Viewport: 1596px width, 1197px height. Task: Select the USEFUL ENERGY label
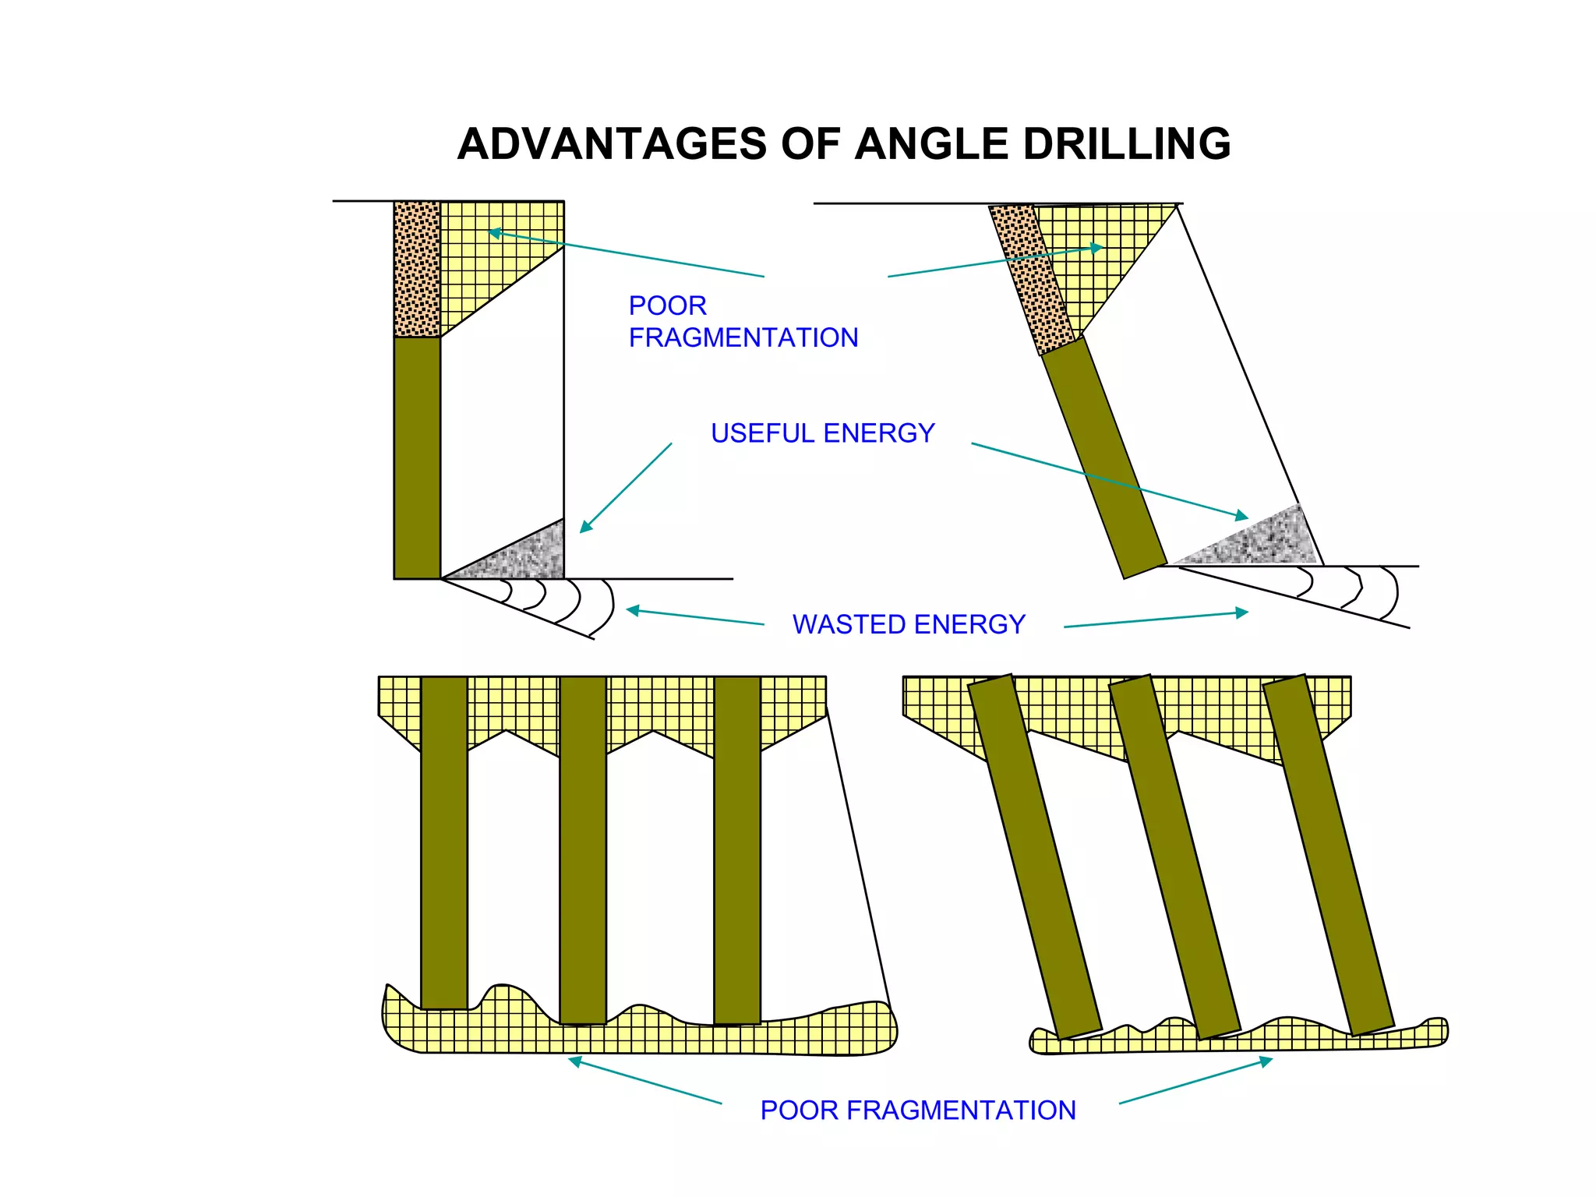coord(822,433)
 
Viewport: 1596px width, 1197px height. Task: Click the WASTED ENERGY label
coord(909,624)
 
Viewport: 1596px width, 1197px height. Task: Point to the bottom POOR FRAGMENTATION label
coord(918,1110)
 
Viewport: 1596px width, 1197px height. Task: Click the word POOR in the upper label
coord(667,305)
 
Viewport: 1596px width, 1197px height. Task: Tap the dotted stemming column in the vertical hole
coord(417,269)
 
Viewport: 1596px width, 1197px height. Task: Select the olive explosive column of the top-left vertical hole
coord(417,458)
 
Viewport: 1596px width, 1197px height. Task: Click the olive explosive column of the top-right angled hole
coord(1104,458)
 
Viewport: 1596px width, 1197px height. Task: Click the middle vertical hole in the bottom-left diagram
coord(583,849)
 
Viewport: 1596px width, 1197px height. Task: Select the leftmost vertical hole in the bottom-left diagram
coord(444,842)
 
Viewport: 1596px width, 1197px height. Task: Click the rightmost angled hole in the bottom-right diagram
coord(1328,855)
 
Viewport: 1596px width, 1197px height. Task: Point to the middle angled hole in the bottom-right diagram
coord(1174,857)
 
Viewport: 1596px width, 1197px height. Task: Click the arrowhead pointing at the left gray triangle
coord(586,527)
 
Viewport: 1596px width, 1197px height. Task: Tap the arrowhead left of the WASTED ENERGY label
coord(633,610)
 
